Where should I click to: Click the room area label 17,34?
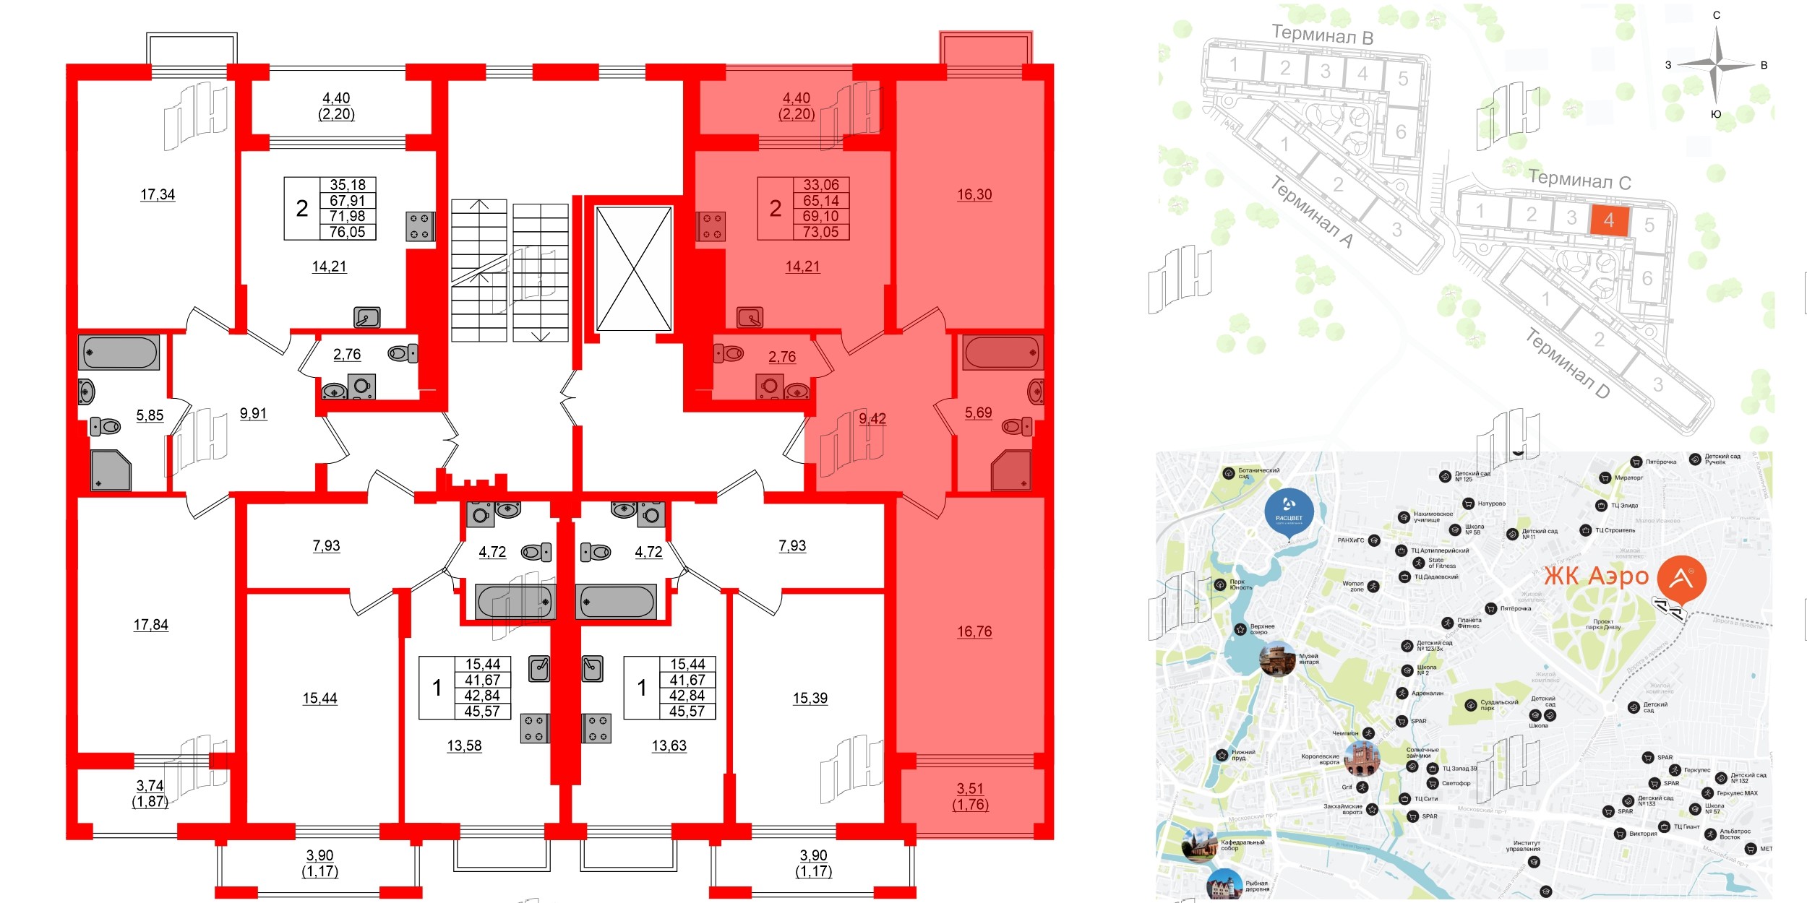coord(158,194)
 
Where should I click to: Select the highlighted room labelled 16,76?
coord(974,631)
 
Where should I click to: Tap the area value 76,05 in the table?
coord(348,232)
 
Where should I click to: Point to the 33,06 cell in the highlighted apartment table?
coord(821,185)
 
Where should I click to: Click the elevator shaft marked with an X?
coord(634,269)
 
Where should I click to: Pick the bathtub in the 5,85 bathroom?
coord(119,353)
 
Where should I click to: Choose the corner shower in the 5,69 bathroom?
coord(1011,470)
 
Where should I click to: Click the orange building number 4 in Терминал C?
coord(1608,220)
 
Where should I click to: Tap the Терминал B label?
coord(1322,34)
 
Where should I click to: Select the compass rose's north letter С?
coord(1717,15)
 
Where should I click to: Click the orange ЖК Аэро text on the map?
coord(1596,576)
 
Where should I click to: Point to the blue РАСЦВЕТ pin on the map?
coord(1289,512)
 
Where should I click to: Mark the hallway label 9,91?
coord(253,413)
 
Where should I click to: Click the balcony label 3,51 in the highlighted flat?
coord(970,789)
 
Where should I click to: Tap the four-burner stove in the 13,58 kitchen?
coord(535,728)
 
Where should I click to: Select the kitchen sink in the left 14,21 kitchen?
coord(367,317)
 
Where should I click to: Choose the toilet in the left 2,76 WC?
coord(403,353)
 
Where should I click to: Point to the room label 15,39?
coord(810,698)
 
